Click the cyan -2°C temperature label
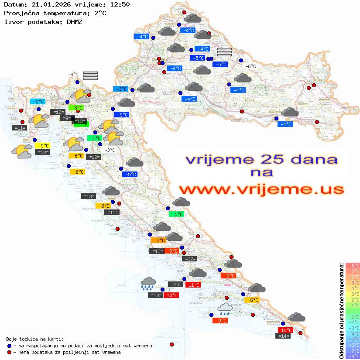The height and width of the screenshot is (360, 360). [x=38, y=101]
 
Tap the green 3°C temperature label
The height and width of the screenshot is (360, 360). [x=76, y=107]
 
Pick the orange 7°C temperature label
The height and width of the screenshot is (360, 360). [x=158, y=240]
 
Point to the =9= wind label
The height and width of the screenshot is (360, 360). [x=65, y=118]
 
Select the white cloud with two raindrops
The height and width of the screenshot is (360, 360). [x=225, y=309]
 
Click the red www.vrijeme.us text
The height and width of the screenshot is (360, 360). [x=261, y=189]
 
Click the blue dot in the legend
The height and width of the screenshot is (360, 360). [x=9, y=346]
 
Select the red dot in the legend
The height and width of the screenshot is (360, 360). [x=9, y=352]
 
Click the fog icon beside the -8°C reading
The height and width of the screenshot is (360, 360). [x=90, y=75]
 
